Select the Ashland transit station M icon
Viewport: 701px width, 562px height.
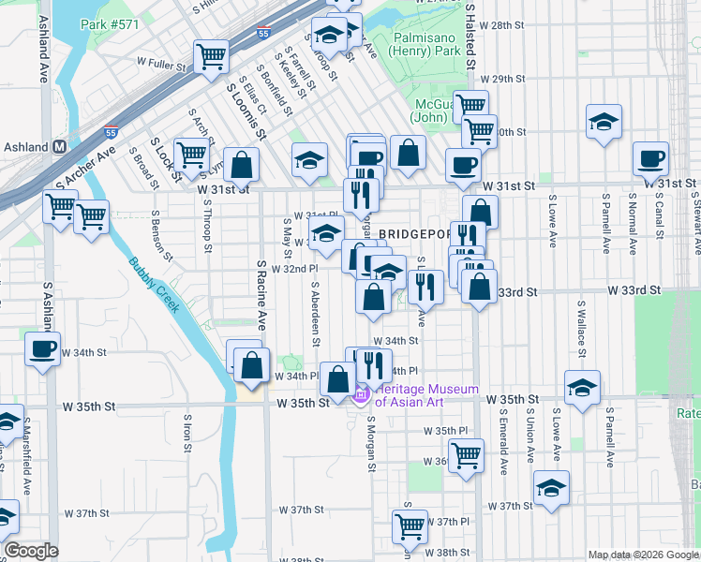(x=58, y=147)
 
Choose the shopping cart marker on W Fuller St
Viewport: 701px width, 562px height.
(x=211, y=55)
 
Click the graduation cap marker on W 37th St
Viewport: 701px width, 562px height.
(x=551, y=487)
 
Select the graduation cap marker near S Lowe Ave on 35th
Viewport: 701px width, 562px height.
(x=582, y=387)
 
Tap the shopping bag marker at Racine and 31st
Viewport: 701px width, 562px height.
(x=241, y=164)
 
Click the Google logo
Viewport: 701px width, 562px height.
(x=31, y=551)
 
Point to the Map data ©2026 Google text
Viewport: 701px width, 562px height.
(x=642, y=555)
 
